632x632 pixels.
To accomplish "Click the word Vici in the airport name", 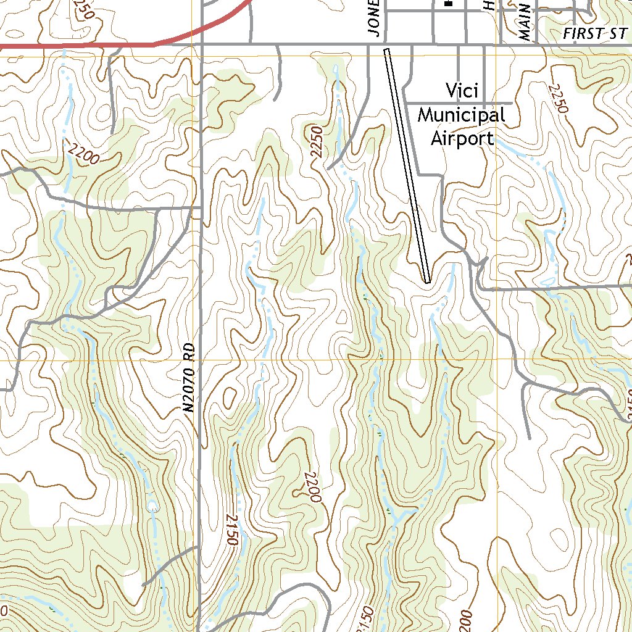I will (462, 91).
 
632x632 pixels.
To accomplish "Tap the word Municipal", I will (462, 115).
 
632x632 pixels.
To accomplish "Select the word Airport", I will (462, 138).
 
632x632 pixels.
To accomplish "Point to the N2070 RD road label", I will (189, 377).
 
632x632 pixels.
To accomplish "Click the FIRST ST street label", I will (594, 35).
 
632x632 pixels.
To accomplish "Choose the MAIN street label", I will (525, 22).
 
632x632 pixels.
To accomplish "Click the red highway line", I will (93, 45).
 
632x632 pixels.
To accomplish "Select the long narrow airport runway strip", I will (407, 167).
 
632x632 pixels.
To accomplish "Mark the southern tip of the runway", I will (427, 281).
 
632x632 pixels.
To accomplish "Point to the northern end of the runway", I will (387, 51).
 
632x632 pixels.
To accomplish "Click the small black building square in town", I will (449, 4).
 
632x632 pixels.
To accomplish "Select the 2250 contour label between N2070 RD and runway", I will (318, 143).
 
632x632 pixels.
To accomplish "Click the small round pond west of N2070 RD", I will (152, 506).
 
